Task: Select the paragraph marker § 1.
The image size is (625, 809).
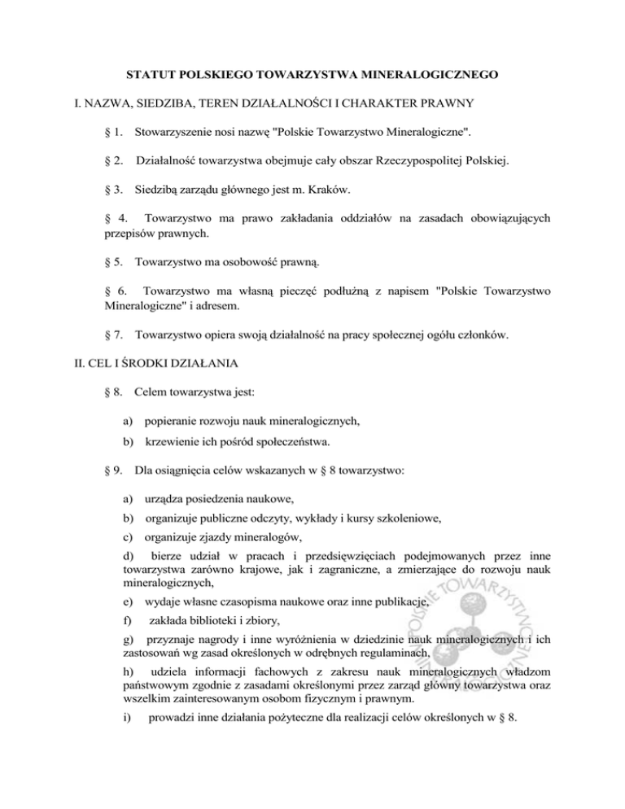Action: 114,130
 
